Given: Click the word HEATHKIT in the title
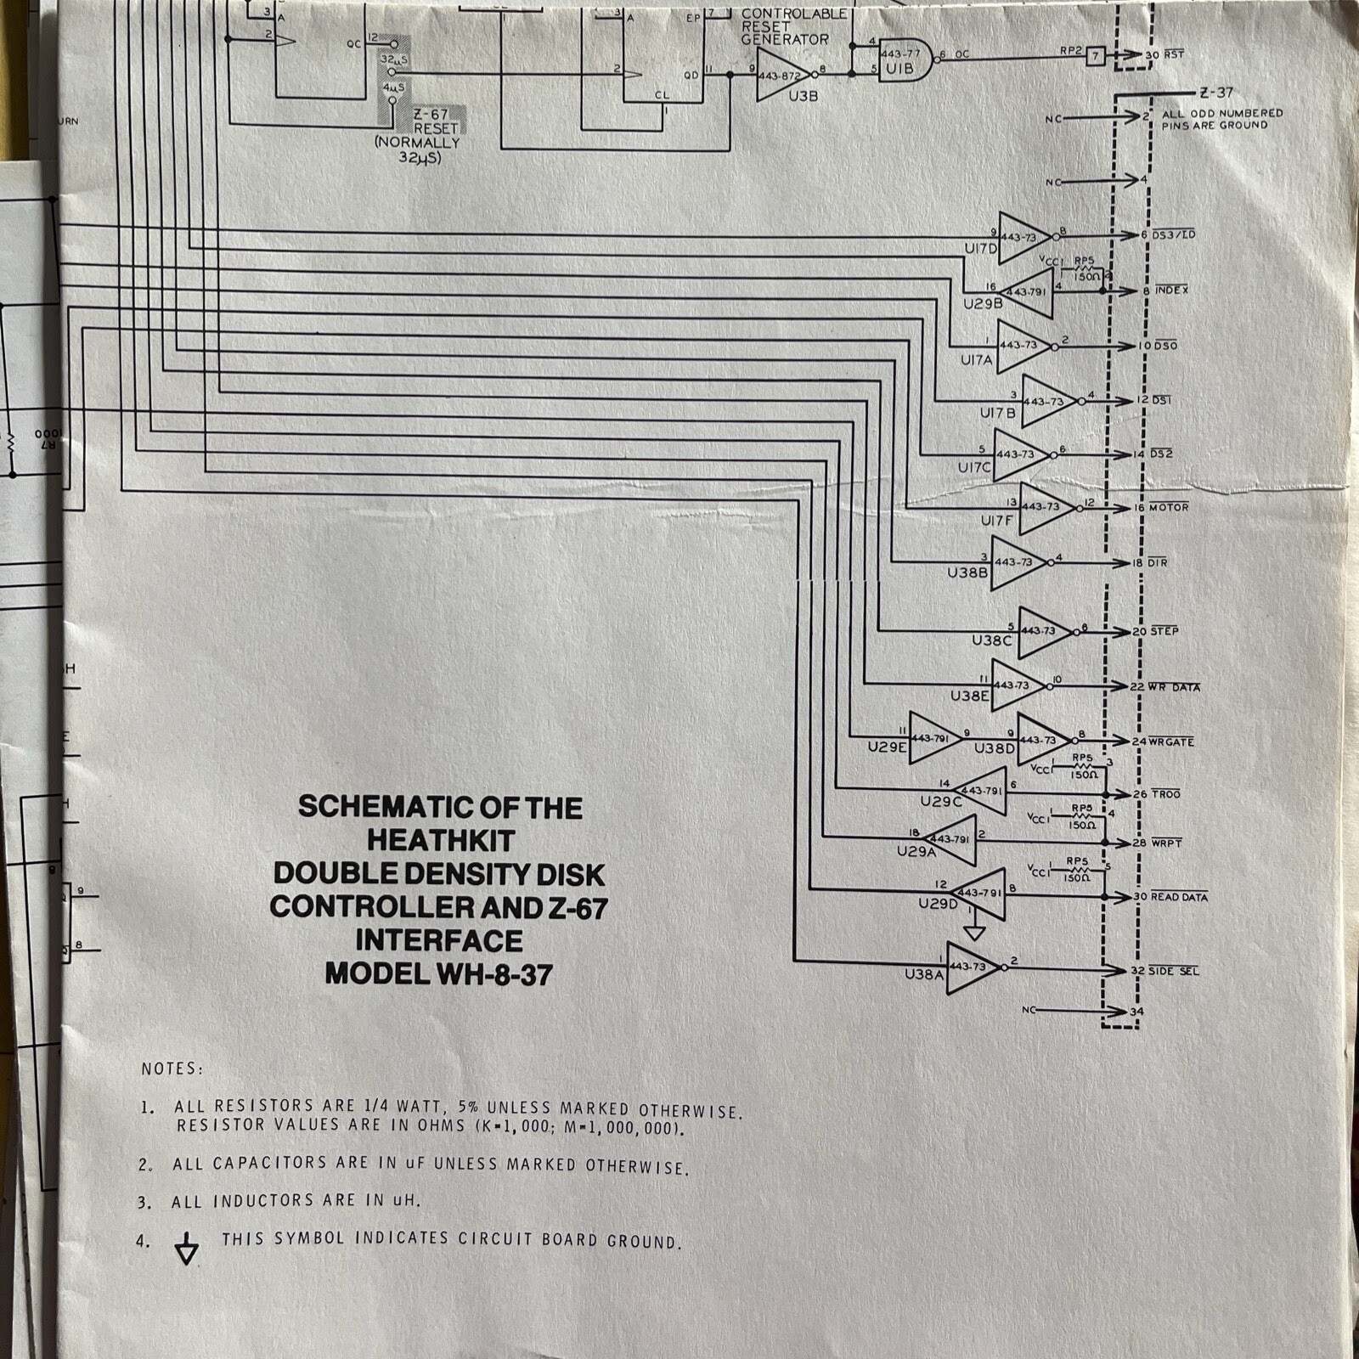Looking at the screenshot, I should point(440,841).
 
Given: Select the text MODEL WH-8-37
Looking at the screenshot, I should point(438,974).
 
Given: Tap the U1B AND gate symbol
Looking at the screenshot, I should point(903,59).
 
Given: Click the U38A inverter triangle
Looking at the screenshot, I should point(973,967).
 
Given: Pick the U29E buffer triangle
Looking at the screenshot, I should point(933,738).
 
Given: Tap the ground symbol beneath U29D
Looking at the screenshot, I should point(975,932).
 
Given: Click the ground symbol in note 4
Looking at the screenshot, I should point(186,1249).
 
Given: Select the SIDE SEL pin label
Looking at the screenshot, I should point(1174,971).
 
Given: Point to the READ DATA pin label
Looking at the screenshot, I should point(1179,897).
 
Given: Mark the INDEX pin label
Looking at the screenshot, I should point(1171,290).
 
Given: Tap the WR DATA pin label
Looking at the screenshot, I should point(1175,687).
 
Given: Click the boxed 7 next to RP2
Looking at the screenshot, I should point(1096,56).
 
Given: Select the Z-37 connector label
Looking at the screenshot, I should point(1216,93).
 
